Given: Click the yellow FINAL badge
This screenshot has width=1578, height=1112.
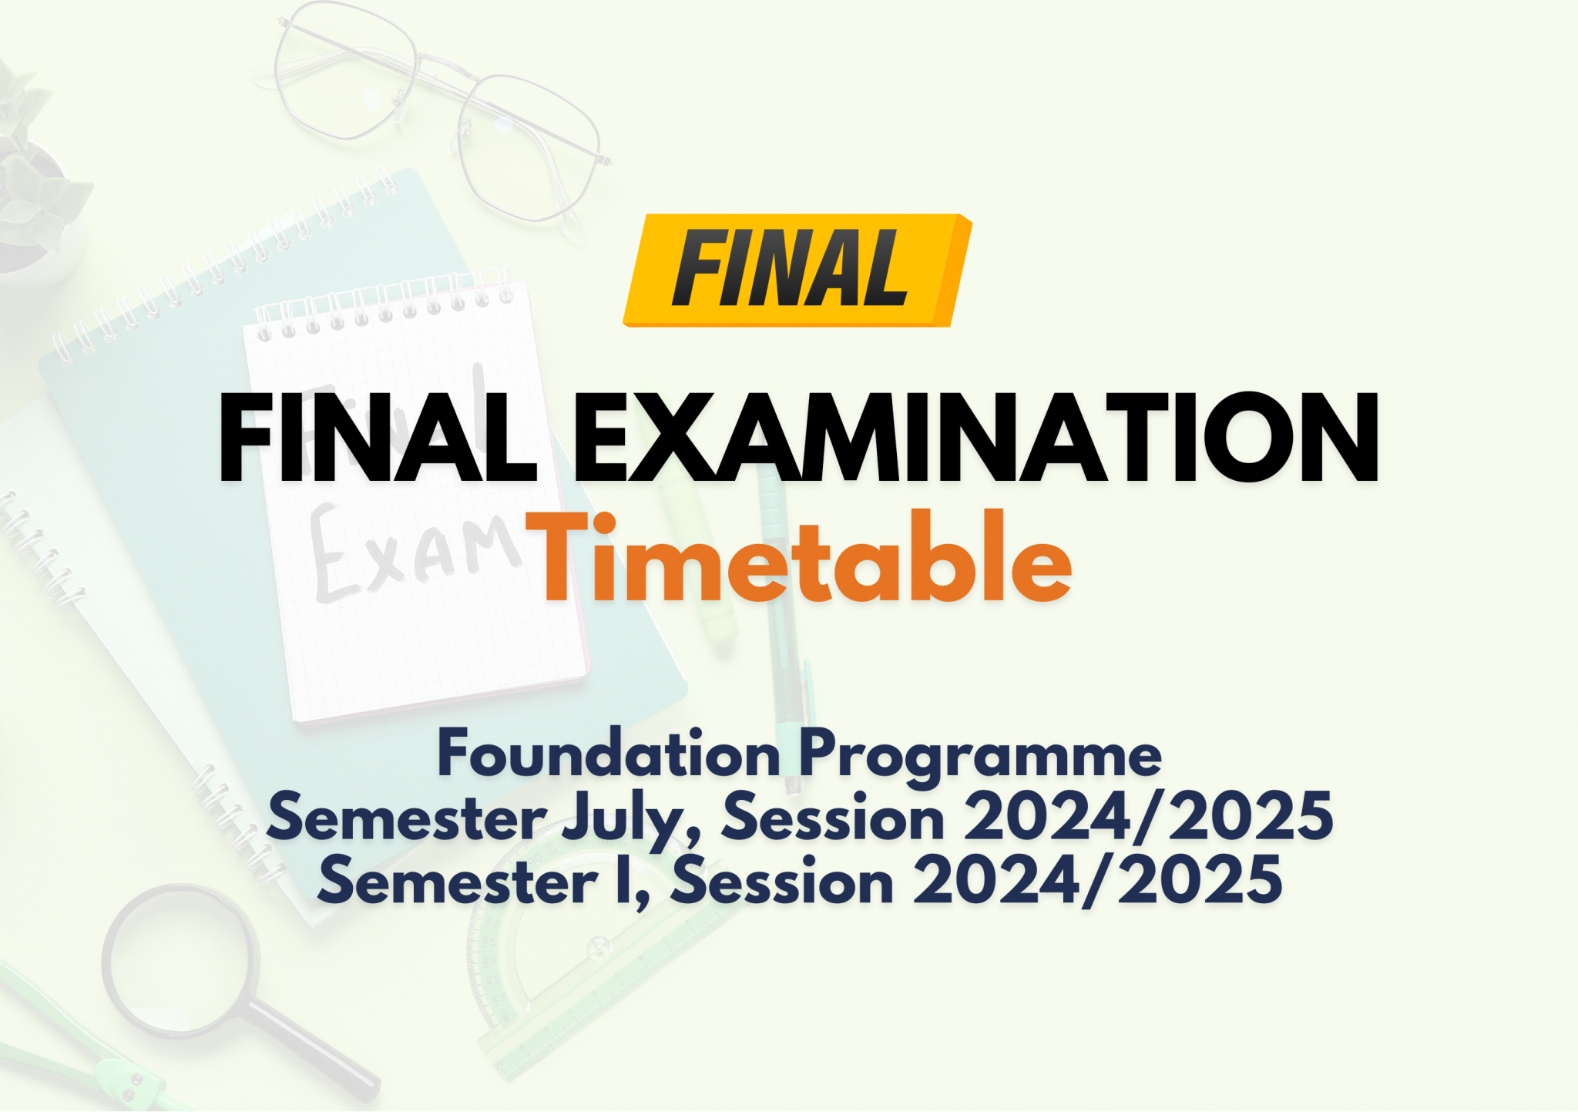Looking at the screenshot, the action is (797, 270).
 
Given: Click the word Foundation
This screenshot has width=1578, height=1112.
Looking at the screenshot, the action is (609, 753).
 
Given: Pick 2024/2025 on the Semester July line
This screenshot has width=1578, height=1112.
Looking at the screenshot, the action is (1148, 817).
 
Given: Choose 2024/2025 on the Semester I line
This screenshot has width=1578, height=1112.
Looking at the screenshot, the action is (1098, 880).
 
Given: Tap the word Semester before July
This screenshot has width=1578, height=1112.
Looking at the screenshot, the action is (407, 817).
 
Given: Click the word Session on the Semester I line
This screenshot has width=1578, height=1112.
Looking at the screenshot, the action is (782, 881).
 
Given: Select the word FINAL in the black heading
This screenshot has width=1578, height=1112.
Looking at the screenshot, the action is (378, 438).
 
